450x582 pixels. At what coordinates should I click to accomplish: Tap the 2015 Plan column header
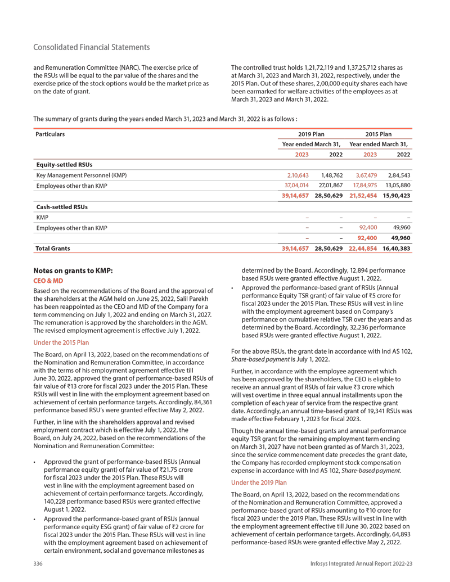click(379, 134)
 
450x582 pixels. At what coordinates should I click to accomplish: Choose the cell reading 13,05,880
click(398, 186)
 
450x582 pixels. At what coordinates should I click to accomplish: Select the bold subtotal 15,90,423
click(397, 196)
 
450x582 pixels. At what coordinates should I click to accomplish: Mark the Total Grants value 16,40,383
click(397, 248)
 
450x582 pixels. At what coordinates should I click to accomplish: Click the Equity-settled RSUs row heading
click(64, 165)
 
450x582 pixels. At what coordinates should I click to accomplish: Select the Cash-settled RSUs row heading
click(61, 206)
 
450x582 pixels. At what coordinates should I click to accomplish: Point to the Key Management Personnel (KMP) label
click(82, 175)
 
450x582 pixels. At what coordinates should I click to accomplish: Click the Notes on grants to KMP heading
click(74, 270)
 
